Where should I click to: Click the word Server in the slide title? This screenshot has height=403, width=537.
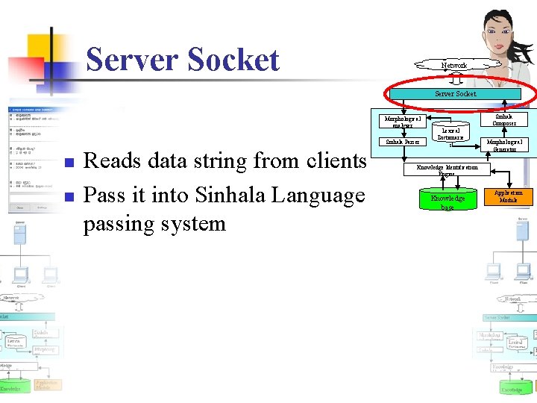point(128,60)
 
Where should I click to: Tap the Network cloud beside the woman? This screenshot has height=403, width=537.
point(453,66)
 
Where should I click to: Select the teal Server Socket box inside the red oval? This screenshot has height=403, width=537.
point(456,95)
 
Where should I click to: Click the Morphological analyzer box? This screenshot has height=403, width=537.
point(402,121)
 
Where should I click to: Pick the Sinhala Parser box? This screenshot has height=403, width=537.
point(402,142)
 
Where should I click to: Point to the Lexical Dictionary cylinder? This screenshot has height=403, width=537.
point(450,134)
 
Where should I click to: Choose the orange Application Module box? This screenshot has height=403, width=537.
point(509,197)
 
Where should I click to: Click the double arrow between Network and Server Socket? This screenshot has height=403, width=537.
point(456,80)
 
